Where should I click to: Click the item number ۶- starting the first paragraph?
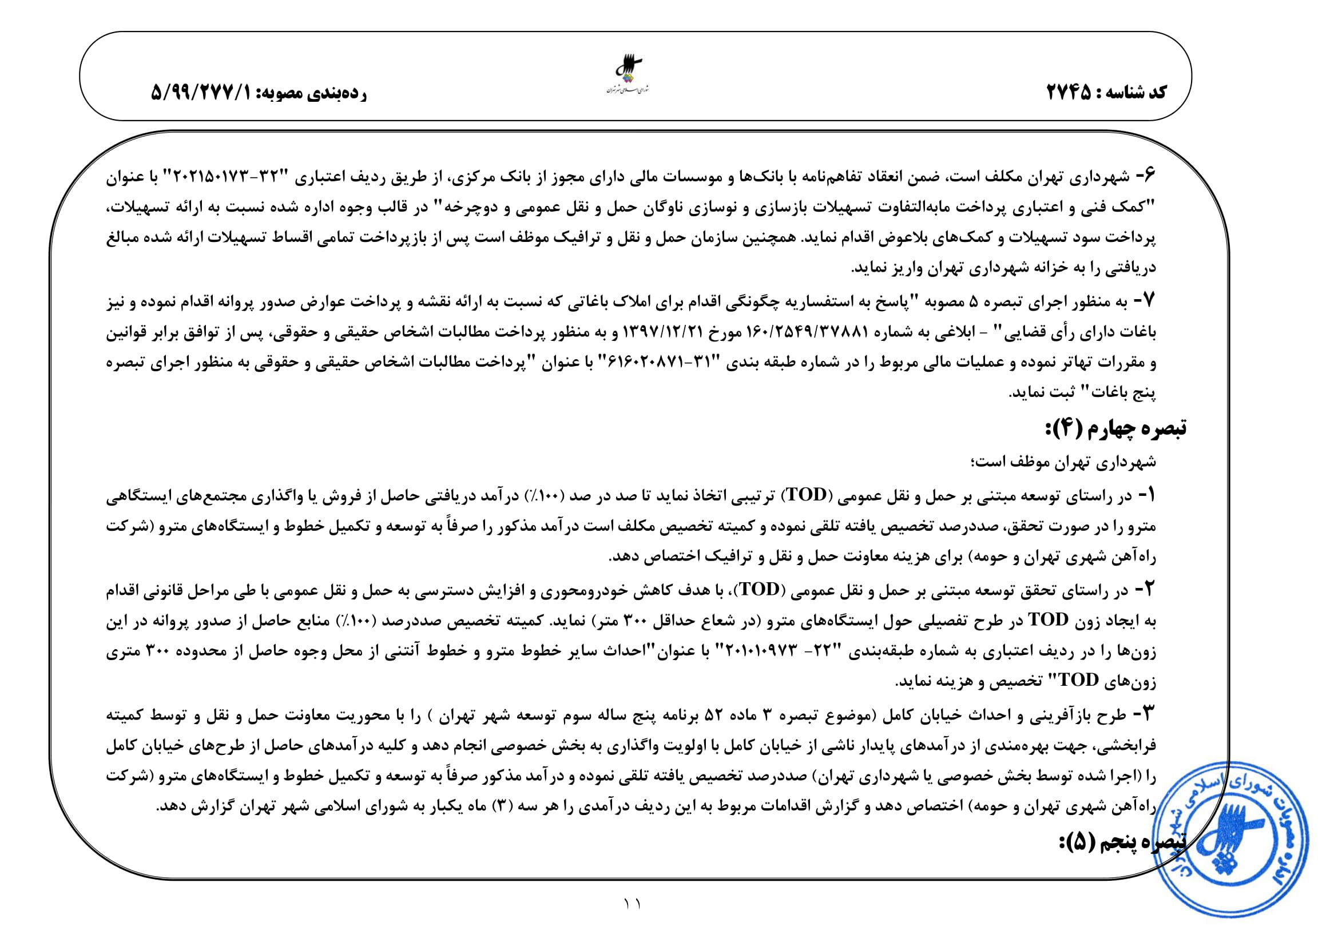point(1145,176)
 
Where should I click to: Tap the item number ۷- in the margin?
point(1145,301)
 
